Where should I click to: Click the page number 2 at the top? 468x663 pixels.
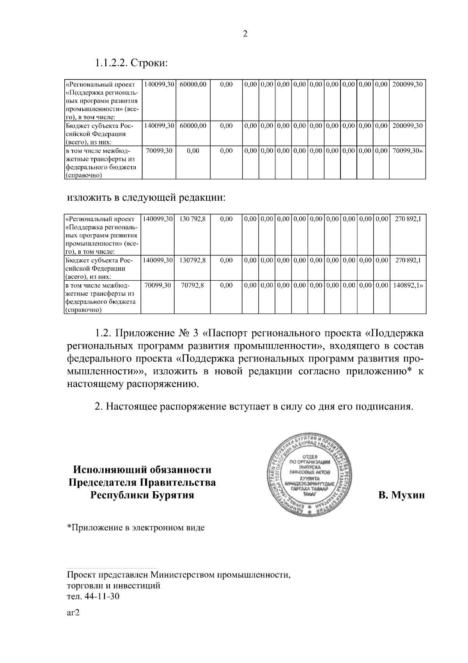[x=245, y=34]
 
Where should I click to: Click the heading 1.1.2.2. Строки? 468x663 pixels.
[x=131, y=62]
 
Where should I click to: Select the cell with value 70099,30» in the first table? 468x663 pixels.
[x=407, y=151]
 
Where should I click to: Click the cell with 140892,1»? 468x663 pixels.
[x=408, y=285]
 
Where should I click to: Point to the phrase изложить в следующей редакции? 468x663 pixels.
[x=146, y=198]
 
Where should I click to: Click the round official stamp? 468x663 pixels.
[x=312, y=475]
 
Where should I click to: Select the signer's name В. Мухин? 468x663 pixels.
[x=401, y=495]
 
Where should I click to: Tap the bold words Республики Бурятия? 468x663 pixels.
[x=142, y=495]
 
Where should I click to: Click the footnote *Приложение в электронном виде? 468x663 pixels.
[x=136, y=528]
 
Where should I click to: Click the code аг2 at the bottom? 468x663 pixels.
[x=73, y=613]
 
